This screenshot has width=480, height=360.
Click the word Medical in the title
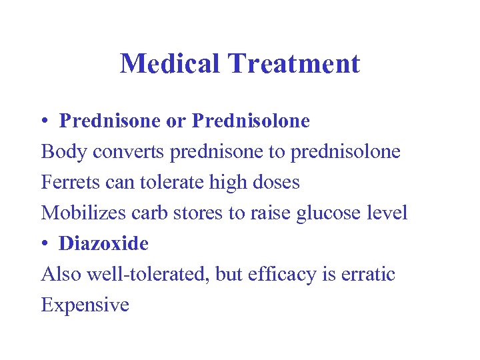(170, 64)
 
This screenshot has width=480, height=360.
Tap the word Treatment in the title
(293, 64)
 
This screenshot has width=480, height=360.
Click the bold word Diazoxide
(103, 244)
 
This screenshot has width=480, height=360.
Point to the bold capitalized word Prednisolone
(251, 121)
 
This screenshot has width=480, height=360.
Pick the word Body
(64, 152)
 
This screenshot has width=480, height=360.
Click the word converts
(129, 152)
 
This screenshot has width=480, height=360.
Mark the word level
(388, 213)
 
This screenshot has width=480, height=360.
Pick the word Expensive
(85, 305)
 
